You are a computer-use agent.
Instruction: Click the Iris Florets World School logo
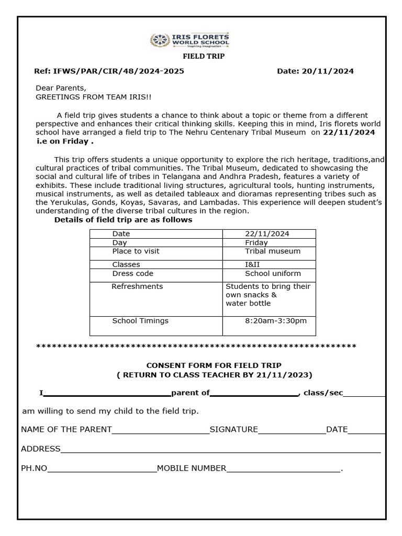point(189,40)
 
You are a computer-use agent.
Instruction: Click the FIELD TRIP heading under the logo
point(203,57)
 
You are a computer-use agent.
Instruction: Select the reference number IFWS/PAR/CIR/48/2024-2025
point(118,71)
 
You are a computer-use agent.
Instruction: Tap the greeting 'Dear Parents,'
point(61,88)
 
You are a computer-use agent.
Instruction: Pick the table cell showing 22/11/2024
point(267,234)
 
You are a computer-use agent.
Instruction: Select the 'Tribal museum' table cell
point(273,251)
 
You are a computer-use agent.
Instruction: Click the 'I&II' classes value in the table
point(252,265)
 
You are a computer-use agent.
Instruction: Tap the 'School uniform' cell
point(273,274)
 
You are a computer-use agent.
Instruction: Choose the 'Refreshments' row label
point(137,286)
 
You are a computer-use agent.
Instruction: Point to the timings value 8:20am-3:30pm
point(276,321)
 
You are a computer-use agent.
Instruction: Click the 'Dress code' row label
point(133,274)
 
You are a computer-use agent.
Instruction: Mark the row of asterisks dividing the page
point(196,347)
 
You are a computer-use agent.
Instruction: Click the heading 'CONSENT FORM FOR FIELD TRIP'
point(214,365)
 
